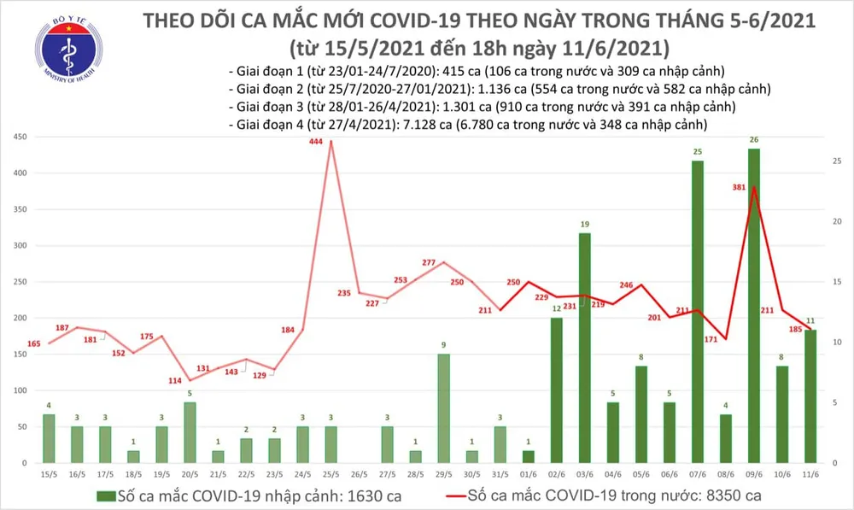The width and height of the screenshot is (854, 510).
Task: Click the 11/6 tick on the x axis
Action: (810, 472)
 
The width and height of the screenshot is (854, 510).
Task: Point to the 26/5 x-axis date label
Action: (359, 472)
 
